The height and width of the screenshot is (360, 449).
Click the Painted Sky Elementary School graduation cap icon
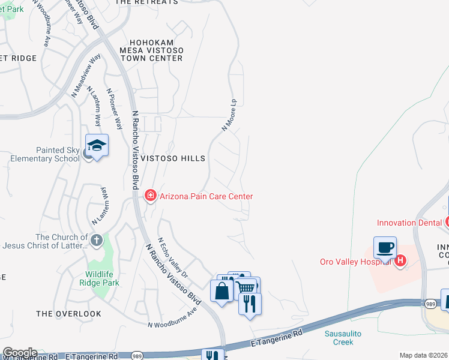tap(97, 145)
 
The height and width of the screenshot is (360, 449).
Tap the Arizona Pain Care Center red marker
tap(149, 196)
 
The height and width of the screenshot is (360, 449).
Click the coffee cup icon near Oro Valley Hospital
tap(384, 247)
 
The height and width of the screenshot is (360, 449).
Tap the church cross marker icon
tap(95, 241)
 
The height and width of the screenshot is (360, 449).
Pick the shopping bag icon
tap(221, 291)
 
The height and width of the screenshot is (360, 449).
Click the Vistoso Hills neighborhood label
tap(173, 158)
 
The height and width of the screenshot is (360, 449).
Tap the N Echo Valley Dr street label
tap(173, 257)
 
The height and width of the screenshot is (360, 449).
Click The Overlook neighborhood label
tap(68, 314)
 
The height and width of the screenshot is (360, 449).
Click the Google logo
tap(20, 353)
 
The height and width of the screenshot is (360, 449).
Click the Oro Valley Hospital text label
tap(356, 261)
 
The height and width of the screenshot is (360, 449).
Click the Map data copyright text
tap(423, 355)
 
